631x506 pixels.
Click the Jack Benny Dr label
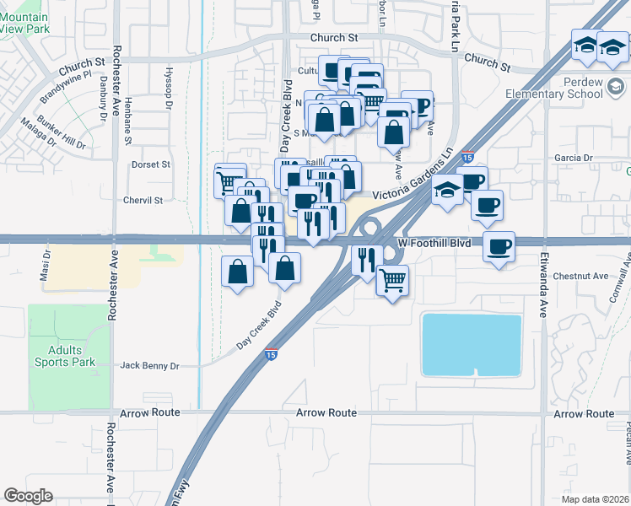point(150,366)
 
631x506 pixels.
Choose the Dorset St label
point(152,164)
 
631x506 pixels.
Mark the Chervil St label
point(142,201)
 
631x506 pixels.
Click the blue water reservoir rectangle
point(472,343)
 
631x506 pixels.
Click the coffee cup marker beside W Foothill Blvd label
point(499,246)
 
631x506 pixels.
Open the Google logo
point(28,496)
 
